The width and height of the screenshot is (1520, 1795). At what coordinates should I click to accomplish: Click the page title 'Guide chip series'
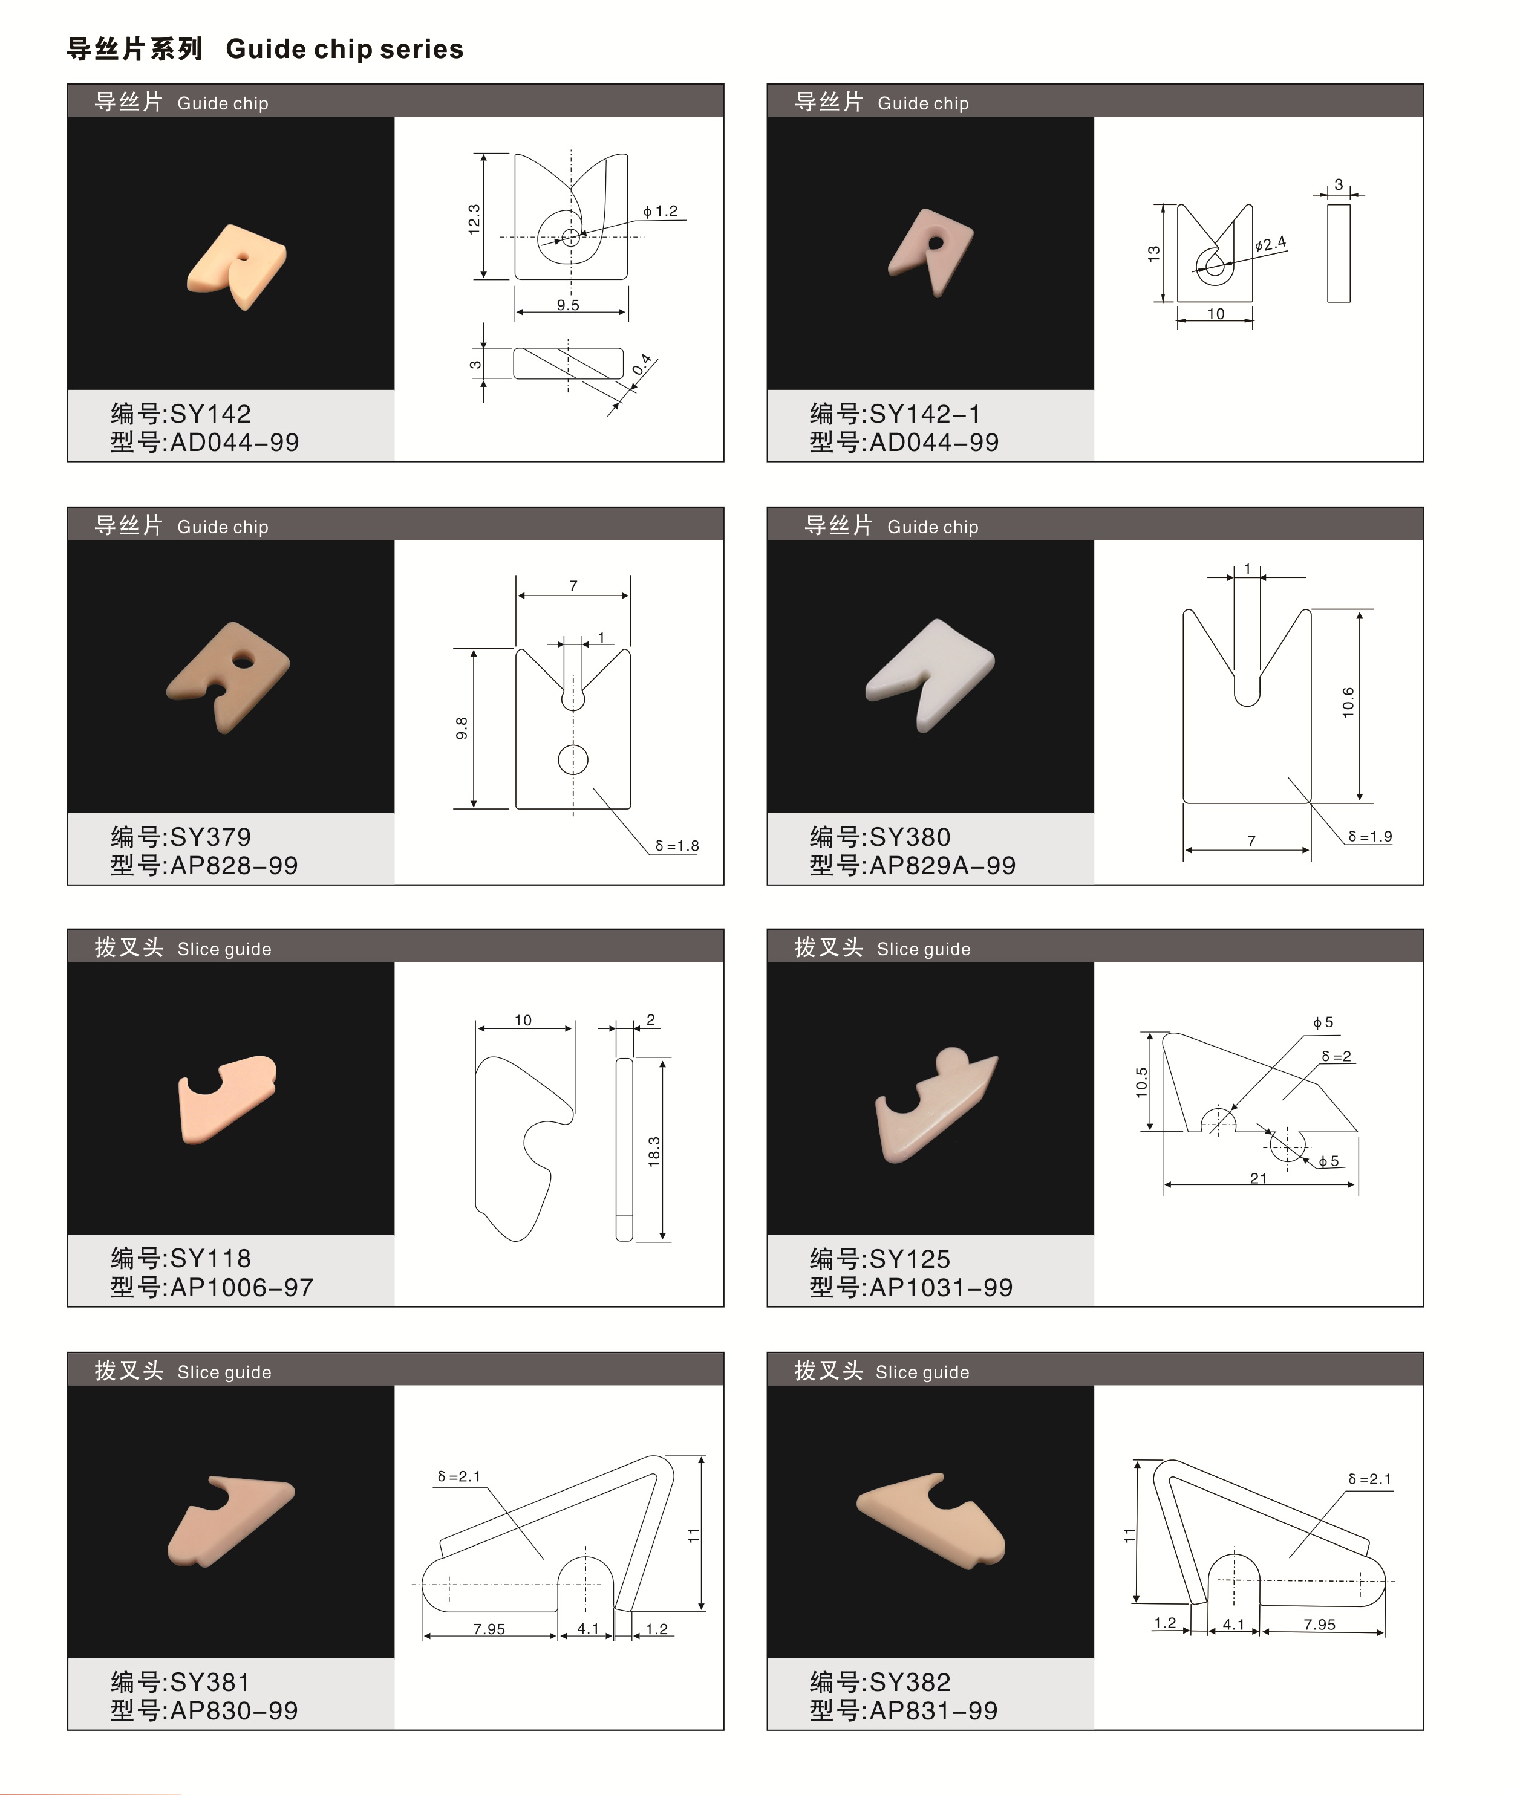pos(345,49)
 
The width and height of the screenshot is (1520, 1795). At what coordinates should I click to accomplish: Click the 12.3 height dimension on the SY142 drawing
pos(474,219)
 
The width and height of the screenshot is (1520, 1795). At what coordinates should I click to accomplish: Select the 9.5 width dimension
pos(568,305)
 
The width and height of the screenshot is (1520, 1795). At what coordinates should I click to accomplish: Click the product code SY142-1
pos(925,414)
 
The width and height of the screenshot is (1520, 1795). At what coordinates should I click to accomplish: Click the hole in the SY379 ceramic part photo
pos(244,661)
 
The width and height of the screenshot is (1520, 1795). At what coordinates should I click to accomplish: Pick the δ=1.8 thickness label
pos(676,846)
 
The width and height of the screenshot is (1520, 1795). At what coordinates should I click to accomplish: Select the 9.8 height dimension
pos(462,728)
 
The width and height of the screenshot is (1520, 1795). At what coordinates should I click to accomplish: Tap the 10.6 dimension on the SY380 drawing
pos(1348,702)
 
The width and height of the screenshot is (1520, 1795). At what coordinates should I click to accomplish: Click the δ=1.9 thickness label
pos(1370,836)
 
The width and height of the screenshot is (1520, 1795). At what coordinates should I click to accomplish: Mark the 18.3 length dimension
pos(654,1152)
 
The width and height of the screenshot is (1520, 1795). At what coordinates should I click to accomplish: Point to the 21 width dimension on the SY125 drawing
pos(1258,1178)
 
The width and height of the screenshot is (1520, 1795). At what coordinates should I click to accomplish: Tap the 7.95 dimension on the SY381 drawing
pos(489,1629)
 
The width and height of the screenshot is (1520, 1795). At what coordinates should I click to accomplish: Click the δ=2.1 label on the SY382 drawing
pos(1369,1479)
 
